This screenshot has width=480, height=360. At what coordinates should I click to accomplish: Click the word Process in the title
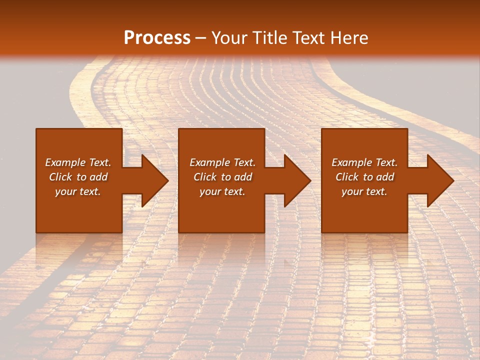click(157, 38)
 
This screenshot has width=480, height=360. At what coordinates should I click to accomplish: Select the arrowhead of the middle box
click(297, 180)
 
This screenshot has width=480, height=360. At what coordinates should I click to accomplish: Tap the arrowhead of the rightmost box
click(440, 180)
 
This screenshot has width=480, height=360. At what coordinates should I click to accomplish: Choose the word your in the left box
click(65, 192)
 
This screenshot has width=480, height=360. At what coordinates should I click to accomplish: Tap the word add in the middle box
click(243, 177)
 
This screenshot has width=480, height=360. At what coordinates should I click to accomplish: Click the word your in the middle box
click(209, 192)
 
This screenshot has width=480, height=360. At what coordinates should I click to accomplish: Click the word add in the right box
click(385, 177)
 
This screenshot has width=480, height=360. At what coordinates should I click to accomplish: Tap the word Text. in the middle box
click(244, 162)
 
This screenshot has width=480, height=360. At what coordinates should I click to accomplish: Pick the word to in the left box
click(81, 177)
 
